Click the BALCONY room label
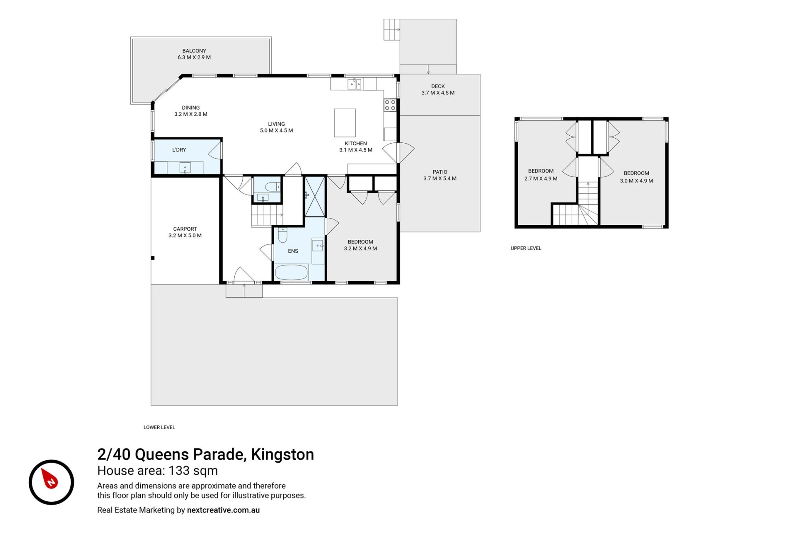[x=194, y=51]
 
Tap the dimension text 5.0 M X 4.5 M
[x=276, y=130]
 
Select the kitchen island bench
[x=345, y=123]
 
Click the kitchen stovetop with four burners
[x=390, y=105]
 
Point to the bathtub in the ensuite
[x=291, y=272]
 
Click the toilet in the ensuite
[x=283, y=235]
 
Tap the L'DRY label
[x=179, y=150]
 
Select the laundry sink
[x=185, y=167]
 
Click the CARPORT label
[x=185, y=229]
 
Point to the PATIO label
[x=440, y=172]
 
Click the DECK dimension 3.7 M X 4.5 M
[x=438, y=93]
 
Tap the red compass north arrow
[x=50, y=479]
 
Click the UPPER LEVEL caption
[x=526, y=248]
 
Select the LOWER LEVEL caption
[x=159, y=427]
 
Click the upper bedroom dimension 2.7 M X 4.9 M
[x=541, y=179]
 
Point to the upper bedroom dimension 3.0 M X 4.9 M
[x=636, y=181]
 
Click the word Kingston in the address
[x=283, y=454]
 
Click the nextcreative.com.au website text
[x=223, y=510]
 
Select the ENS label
[x=293, y=251]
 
